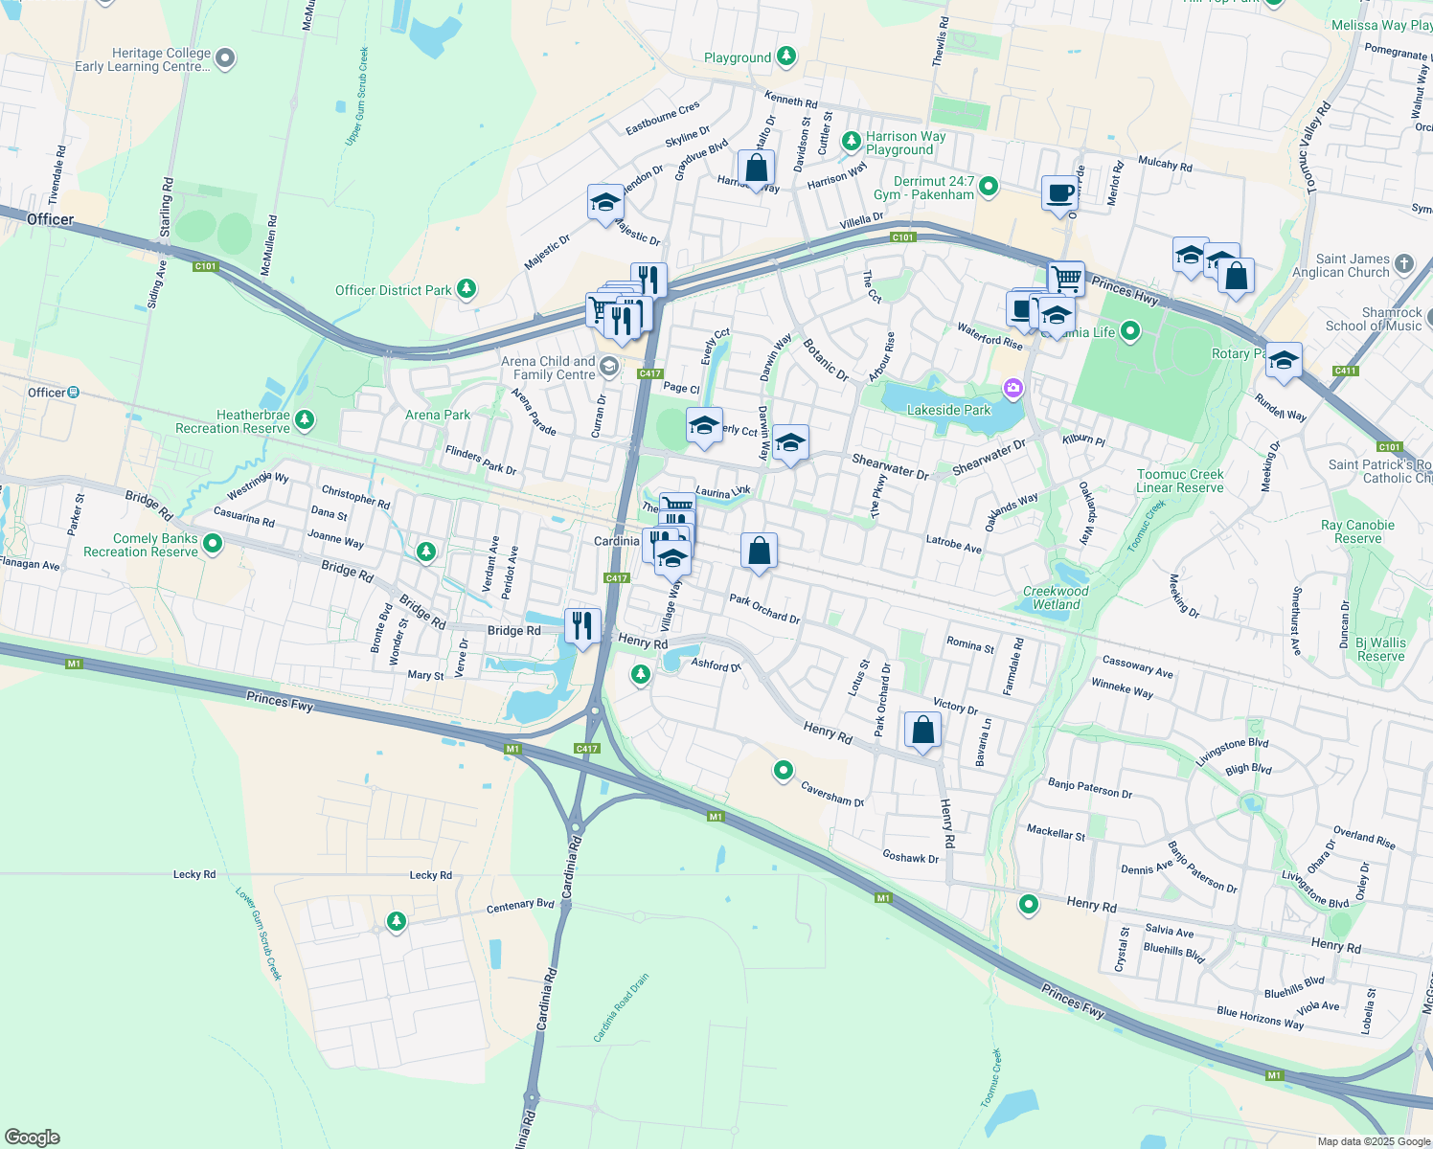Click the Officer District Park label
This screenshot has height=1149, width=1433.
[x=394, y=290]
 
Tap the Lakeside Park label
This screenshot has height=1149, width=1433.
[x=948, y=410]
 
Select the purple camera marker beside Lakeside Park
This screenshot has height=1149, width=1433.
[x=1012, y=388]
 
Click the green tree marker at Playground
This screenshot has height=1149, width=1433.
[x=786, y=57]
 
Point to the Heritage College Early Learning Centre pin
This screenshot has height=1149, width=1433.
[x=225, y=59]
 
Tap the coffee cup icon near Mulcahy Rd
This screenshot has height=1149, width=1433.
[x=1060, y=193]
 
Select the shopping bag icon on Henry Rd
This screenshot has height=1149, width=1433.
[x=923, y=731]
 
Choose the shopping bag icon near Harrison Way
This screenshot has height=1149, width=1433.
[x=756, y=168]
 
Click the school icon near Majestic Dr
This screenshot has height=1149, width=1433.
[x=604, y=202]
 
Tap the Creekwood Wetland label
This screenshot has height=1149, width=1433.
[x=1056, y=597]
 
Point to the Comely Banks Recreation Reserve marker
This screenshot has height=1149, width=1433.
[x=213, y=544]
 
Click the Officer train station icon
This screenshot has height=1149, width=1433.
[x=74, y=392]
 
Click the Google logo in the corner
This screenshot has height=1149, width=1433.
[x=32, y=1138]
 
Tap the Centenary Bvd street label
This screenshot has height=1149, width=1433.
[x=520, y=906]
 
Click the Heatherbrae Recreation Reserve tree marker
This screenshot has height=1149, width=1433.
[x=305, y=419]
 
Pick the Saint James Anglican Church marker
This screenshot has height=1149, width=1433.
[x=1403, y=263]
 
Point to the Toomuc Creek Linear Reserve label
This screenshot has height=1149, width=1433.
[x=1179, y=481]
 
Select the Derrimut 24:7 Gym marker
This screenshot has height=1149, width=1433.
[x=989, y=186]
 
